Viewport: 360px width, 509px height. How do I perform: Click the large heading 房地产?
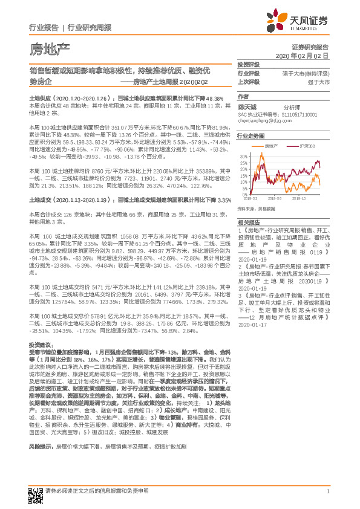(x=50, y=48)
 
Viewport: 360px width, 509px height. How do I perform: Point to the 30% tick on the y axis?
(x=243, y=156)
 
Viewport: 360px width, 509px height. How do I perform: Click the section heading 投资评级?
(x=248, y=64)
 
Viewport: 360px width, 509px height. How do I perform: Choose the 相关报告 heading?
(x=248, y=223)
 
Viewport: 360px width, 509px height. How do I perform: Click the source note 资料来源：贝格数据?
(x=257, y=209)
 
